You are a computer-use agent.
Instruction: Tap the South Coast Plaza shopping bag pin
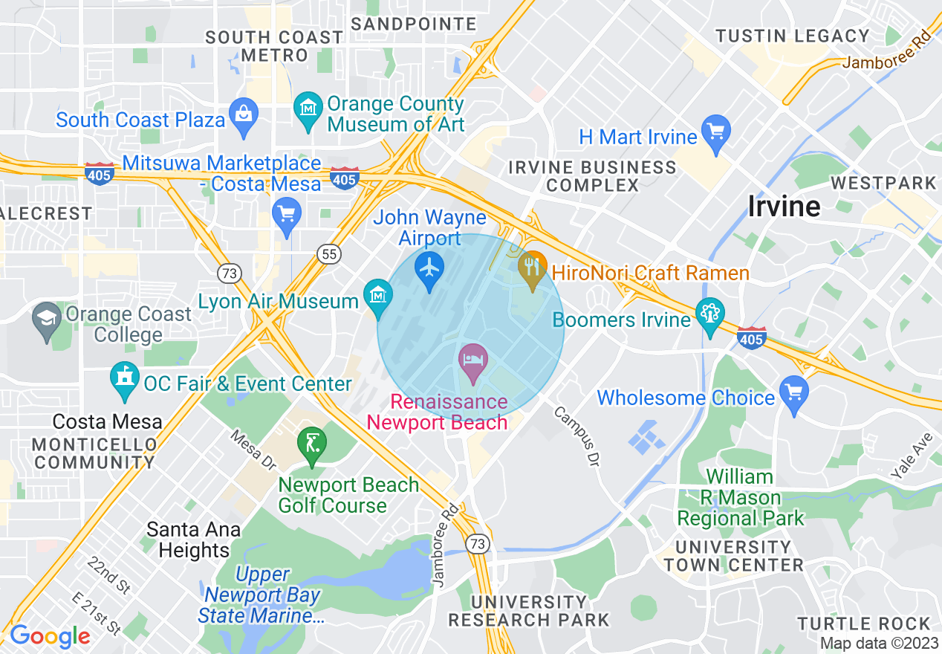(x=243, y=114)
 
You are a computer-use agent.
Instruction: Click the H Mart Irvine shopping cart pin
(x=716, y=132)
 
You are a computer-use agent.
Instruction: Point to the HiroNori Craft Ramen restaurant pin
(x=532, y=268)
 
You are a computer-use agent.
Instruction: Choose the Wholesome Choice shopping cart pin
(x=794, y=391)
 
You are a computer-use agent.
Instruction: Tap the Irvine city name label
(x=784, y=206)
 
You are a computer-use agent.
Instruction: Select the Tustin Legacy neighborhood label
(x=792, y=36)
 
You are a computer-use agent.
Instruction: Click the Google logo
(x=50, y=636)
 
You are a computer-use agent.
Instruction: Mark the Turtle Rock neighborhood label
(x=864, y=623)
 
